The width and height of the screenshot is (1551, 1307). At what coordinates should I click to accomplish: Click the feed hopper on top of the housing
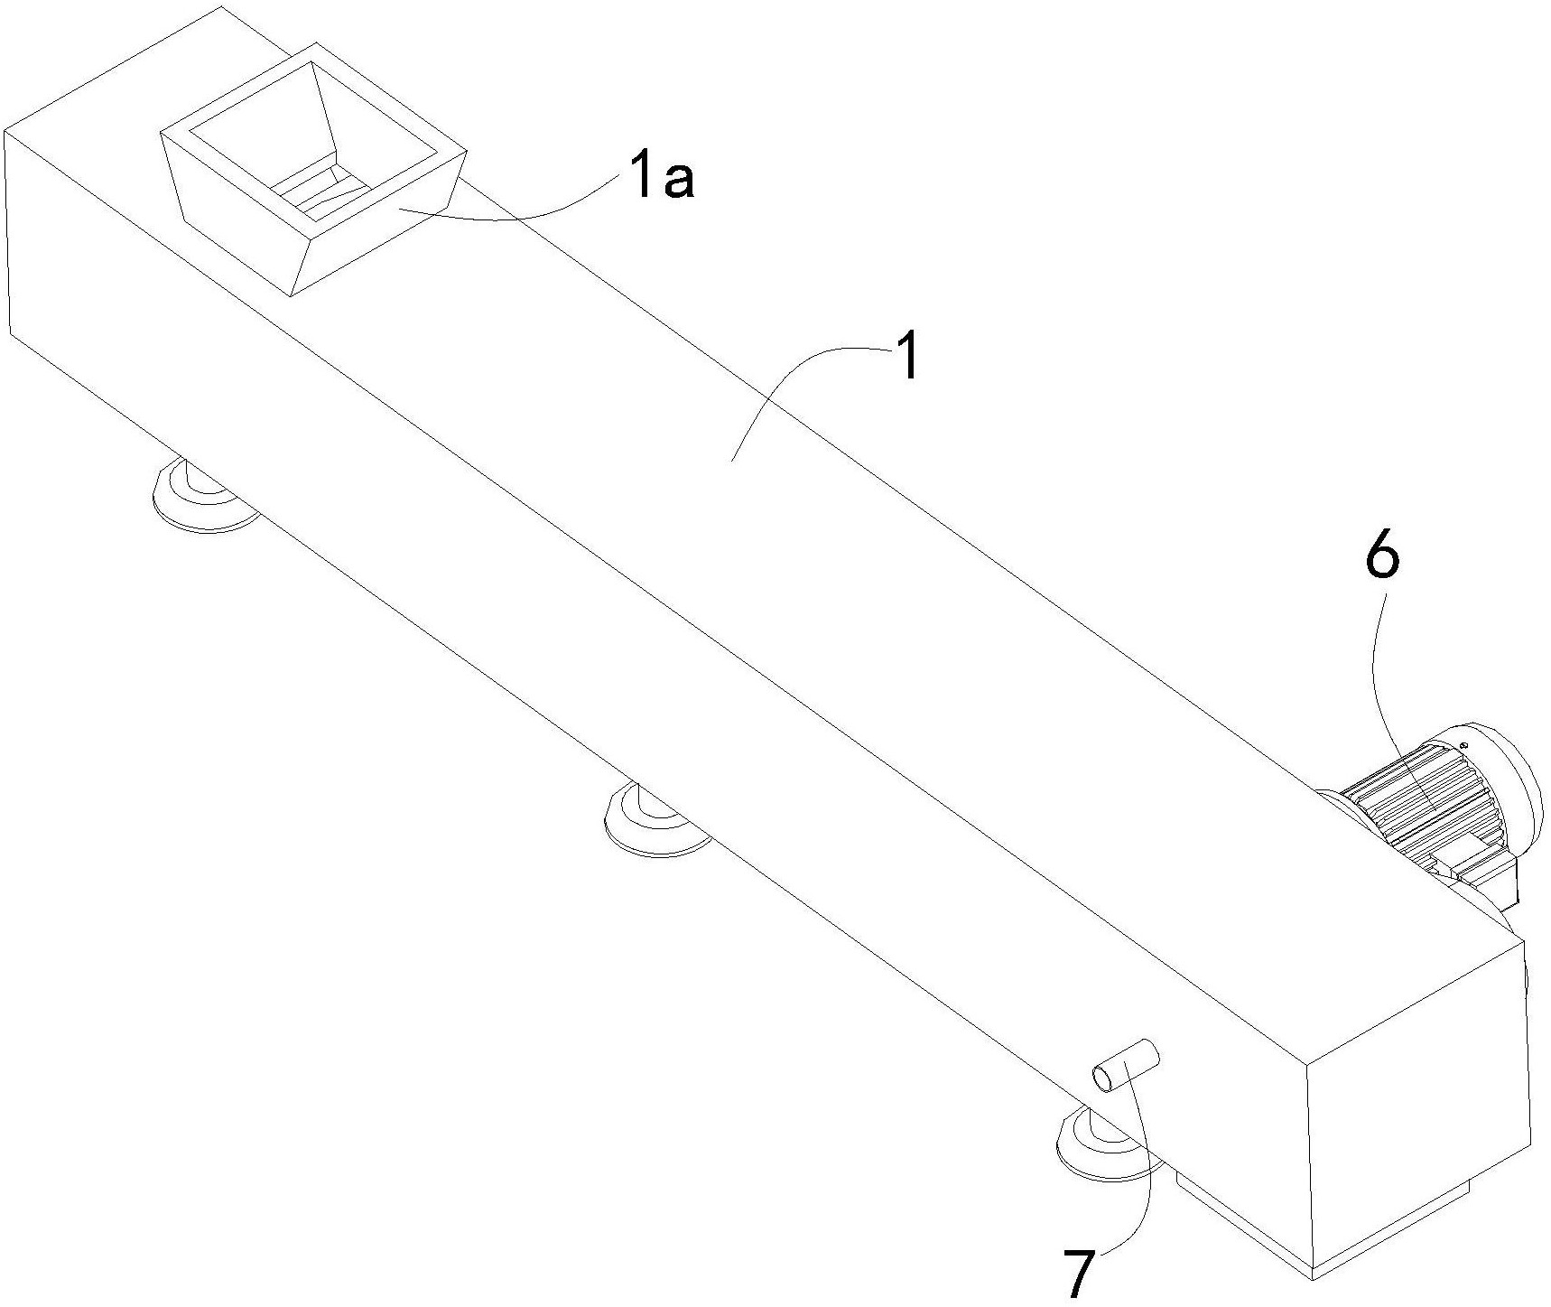click(311, 163)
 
